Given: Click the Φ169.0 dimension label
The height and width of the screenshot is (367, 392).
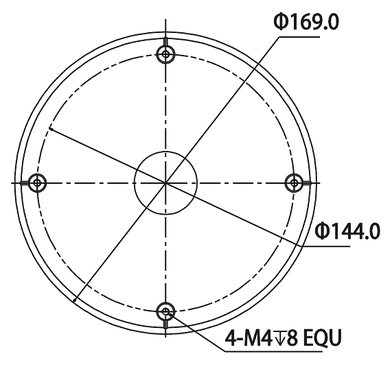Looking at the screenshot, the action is pos(306,22).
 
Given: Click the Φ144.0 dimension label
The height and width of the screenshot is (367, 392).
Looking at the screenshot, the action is pos(347,231).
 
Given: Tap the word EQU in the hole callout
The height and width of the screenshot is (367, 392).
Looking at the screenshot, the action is pos(322,338).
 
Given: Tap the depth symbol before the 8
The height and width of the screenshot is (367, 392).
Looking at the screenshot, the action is pos(278,338).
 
